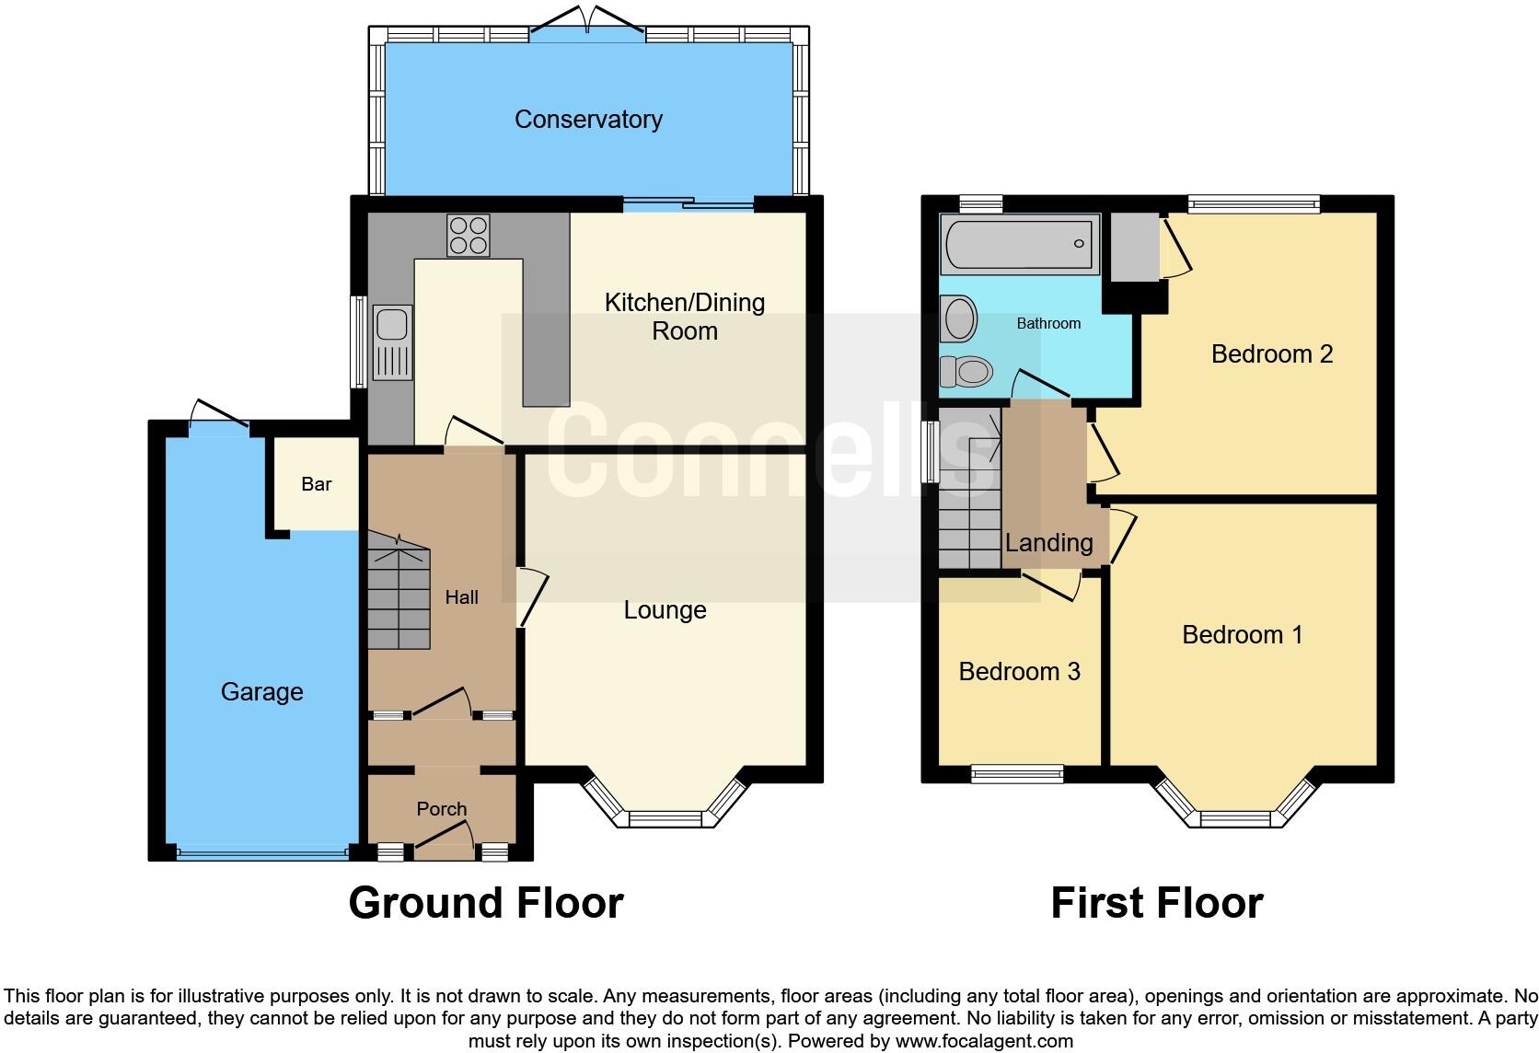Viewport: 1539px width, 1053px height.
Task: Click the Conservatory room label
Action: coord(588,119)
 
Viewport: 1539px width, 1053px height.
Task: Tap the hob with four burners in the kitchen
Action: coord(469,235)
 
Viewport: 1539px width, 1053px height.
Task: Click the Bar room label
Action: coord(316,484)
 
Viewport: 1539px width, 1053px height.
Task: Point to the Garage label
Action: coord(261,691)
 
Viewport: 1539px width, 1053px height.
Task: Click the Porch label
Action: coord(442,809)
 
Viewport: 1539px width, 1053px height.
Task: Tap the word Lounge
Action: coord(665,610)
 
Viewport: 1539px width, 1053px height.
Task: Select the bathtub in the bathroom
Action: coord(1020,245)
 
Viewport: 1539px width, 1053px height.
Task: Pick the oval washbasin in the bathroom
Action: coord(959,319)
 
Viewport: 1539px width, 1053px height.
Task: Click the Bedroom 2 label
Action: coord(1271,353)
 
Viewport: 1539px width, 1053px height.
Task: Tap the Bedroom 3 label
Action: coord(1019,671)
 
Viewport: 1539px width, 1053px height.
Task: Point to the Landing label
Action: coord(1048,543)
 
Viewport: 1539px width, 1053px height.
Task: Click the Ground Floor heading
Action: coord(486,903)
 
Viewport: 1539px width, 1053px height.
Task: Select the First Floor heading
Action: coord(1156,903)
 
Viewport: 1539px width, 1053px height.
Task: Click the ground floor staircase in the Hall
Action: coord(399,589)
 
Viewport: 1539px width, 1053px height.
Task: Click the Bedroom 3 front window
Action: coord(1017,773)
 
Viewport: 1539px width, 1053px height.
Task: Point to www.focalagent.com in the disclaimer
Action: coord(984,1041)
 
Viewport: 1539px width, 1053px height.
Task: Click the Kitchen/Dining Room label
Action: coord(684,316)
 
